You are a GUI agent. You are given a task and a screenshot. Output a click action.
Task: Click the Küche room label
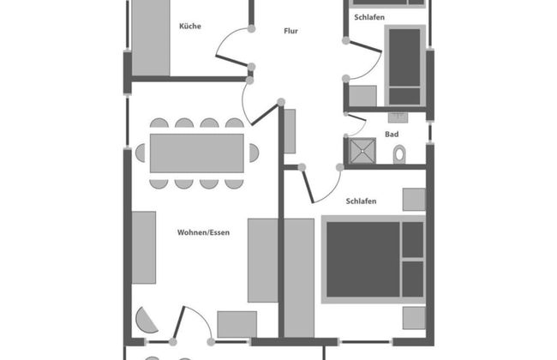coord(190,27)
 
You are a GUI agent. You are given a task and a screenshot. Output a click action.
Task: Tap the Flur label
coord(291,32)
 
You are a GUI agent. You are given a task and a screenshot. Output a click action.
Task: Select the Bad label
coord(392,135)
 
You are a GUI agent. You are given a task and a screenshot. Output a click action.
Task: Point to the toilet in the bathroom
coord(399,153)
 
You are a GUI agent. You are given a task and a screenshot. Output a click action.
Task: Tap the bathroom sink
coord(397,115)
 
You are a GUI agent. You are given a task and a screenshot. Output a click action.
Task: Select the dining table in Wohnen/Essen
coord(196,153)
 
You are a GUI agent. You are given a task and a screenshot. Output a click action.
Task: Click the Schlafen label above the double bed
coord(362,201)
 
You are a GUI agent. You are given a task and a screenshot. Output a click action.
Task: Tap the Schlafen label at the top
coord(369,17)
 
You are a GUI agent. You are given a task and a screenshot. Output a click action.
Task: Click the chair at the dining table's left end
coord(141,153)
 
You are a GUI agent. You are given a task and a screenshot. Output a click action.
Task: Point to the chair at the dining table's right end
coord(254,153)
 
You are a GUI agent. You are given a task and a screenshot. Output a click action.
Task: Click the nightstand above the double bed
coord(414,200)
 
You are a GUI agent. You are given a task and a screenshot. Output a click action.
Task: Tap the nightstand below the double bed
coord(414,318)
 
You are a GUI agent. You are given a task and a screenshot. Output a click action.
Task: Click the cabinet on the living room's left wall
coord(143,247)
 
